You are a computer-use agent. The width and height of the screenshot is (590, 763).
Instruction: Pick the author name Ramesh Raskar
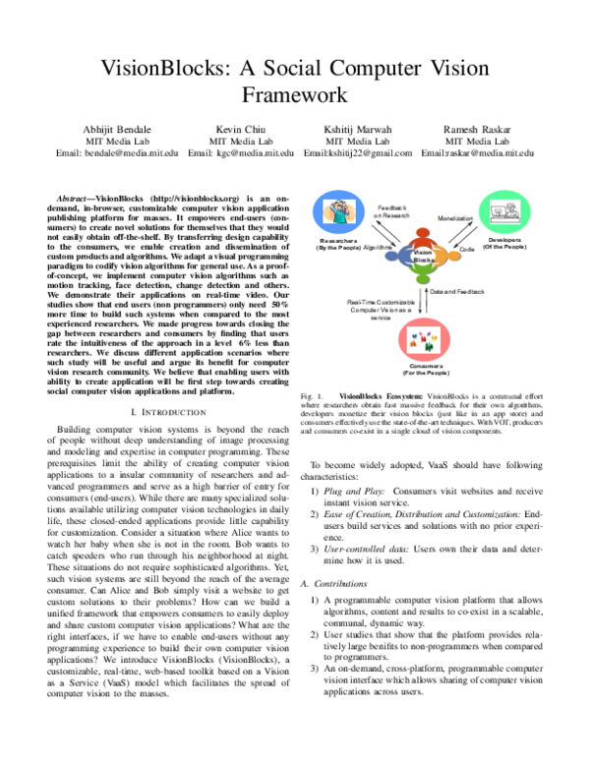477,129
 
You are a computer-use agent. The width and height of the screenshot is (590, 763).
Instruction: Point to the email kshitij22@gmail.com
358,153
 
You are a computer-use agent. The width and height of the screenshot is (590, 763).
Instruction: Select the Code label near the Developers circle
466,251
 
